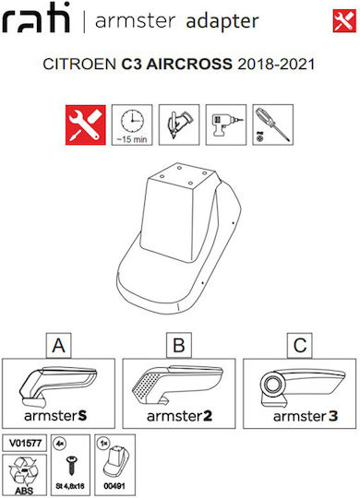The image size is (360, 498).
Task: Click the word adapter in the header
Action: (x=222, y=21)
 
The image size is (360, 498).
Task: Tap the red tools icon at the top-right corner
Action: (x=344, y=21)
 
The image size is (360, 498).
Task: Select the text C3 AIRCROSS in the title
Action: (x=177, y=64)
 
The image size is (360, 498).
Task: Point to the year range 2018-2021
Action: (x=276, y=65)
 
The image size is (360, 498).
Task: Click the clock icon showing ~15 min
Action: (x=132, y=125)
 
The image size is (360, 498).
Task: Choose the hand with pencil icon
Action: (x=179, y=125)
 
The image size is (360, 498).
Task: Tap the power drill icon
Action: (x=226, y=125)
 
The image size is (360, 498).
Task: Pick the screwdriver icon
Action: (x=273, y=125)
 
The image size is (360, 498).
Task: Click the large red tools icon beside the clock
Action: (x=86, y=125)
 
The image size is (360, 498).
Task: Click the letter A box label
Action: (x=58, y=346)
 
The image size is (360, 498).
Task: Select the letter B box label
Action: (x=179, y=346)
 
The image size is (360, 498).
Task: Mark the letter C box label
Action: (x=300, y=346)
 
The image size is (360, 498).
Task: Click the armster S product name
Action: (x=55, y=416)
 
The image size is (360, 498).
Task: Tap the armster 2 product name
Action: (x=179, y=416)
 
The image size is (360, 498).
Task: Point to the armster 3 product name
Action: (x=306, y=416)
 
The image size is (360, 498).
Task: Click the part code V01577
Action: (x=25, y=443)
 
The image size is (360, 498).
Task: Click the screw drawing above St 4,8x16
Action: (x=70, y=466)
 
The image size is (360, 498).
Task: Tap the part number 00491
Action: (x=114, y=486)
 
